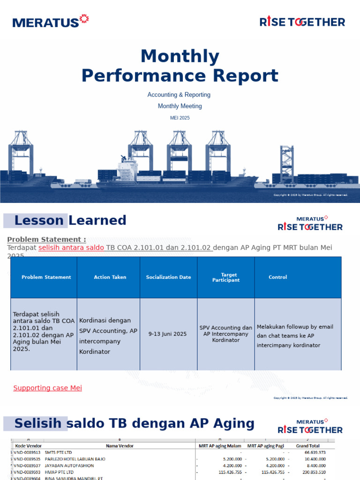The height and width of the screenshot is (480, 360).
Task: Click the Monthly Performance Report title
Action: pos(180,66)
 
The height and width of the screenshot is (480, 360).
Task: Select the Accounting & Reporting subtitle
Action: pos(179,95)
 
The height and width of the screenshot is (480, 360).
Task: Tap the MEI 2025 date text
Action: pos(180,118)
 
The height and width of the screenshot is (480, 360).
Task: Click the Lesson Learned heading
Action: pos(70,220)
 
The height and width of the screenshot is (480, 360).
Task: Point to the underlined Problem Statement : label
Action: pos(46,240)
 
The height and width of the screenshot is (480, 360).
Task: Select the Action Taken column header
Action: pos(110,277)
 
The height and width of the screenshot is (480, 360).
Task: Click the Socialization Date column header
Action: pos(168,277)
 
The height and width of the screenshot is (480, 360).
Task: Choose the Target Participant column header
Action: pos(225,277)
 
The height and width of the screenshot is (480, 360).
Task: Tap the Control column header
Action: pos(277,277)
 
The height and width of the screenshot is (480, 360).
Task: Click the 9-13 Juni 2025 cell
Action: pos(167,334)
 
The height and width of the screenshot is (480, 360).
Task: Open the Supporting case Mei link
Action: pos(47,388)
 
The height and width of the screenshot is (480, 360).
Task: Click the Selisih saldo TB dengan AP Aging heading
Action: pos(134,424)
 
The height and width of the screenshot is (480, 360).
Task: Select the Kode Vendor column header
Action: pos(29,446)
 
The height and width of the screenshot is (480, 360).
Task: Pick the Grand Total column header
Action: pos(308,446)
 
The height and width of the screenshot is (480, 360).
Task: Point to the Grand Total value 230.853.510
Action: pos(311,472)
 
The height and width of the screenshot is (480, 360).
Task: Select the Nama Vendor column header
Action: pos(120,446)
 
